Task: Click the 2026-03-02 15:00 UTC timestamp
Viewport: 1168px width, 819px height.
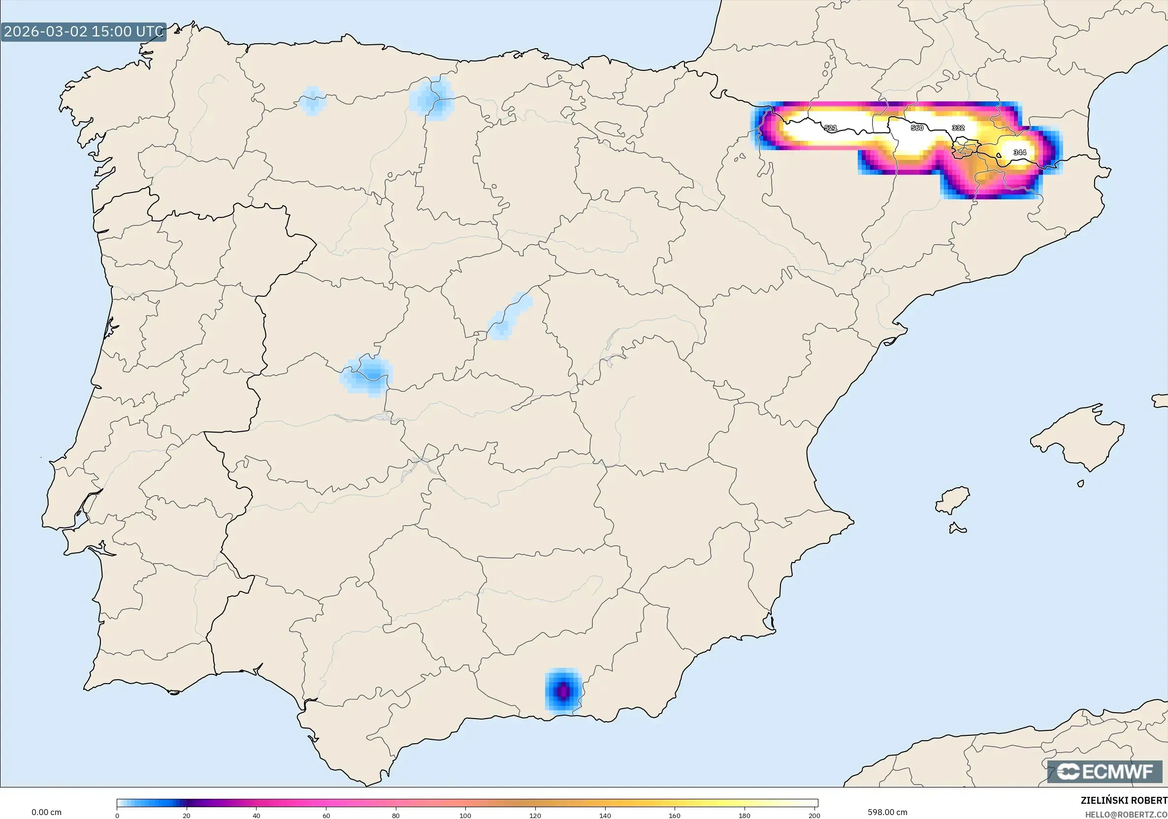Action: pyautogui.click(x=83, y=31)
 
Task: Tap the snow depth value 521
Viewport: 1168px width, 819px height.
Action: pyautogui.click(x=830, y=128)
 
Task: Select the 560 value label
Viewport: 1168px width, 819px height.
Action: pyautogui.click(x=917, y=128)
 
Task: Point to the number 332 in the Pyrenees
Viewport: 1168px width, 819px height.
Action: pyautogui.click(x=958, y=128)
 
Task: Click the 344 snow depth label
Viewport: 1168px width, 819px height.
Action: pyautogui.click(x=1019, y=153)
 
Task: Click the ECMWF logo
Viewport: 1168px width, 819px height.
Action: pyautogui.click(x=1106, y=772)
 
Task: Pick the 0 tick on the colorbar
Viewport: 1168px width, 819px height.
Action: pyautogui.click(x=117, y=816)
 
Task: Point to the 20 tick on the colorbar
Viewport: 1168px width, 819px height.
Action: pyautogui.click(x=187, y=816)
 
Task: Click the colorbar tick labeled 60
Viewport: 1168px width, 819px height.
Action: pyautogui.click(x=326, y=816)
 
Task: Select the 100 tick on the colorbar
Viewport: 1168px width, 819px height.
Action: pyautogui.click(x=465, y=816)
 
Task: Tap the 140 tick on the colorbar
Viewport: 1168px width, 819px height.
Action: pyautogui.click(x=605, y=816)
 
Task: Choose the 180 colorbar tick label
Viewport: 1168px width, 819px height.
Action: pyautogui.click(x=744, y=816)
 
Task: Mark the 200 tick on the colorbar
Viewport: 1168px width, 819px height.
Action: pyautogui.click(x=814, y=816)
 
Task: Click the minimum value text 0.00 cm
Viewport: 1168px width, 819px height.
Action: pyautogui.click(x=46, y=812)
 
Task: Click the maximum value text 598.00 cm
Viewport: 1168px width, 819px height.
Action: pyautogui.click(x=887, y=812)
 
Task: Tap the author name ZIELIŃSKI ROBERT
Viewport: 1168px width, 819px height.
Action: pyautogui.click(x=1124, y=800)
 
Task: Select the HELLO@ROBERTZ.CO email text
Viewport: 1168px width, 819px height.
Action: pyautogui.click(x=1126, y=815)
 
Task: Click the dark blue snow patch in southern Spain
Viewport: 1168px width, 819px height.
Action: pyautogui.click(x=563, y=692)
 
